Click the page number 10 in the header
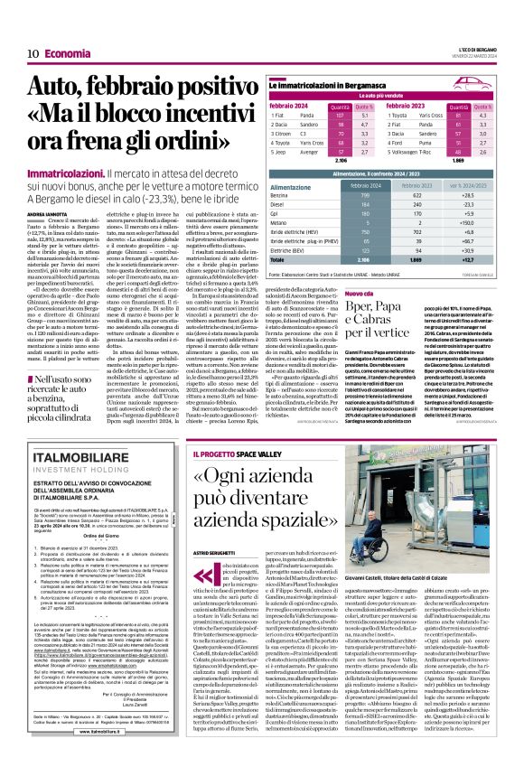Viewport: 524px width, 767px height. tap(32, 53)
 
